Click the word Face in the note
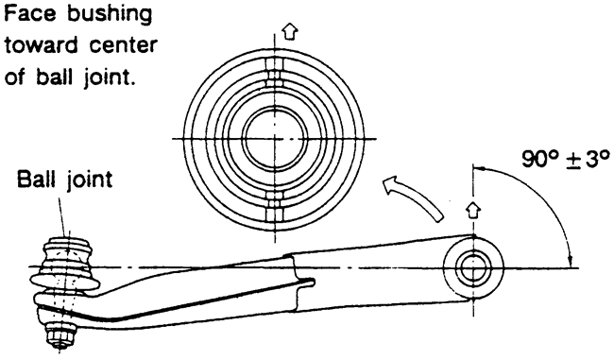[x=31, y=14]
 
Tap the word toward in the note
[x=42, y=45]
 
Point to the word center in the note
[x=124, y=46]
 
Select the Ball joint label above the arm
[x=64, y=180]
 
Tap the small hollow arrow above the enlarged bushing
[x=290, y=31]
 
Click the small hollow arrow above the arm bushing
[x=473, y=210]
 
